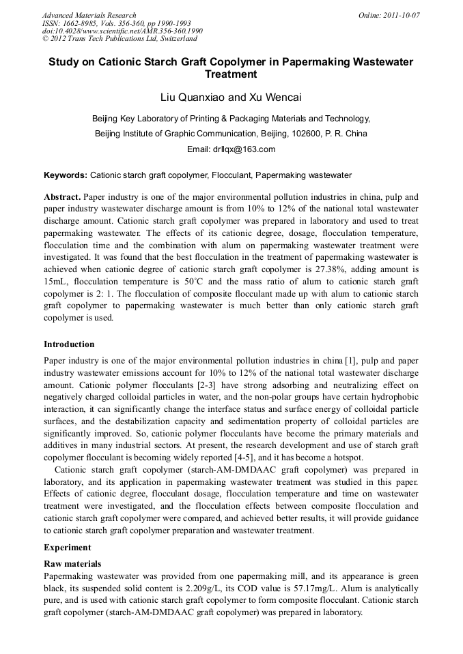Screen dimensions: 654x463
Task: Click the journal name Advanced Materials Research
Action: (89, 15)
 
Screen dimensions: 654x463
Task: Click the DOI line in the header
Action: (122, 31)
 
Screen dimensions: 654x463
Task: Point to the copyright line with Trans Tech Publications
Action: (120, 39)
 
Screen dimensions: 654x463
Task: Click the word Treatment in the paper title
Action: (231, 74)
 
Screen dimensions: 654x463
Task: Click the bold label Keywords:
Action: (66, 175)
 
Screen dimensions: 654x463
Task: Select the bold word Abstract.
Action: (62, 196)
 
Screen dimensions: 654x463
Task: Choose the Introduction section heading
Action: (69, 344)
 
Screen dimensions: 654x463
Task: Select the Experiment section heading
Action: (67, 548)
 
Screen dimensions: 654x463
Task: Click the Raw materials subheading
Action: (72, 564)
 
